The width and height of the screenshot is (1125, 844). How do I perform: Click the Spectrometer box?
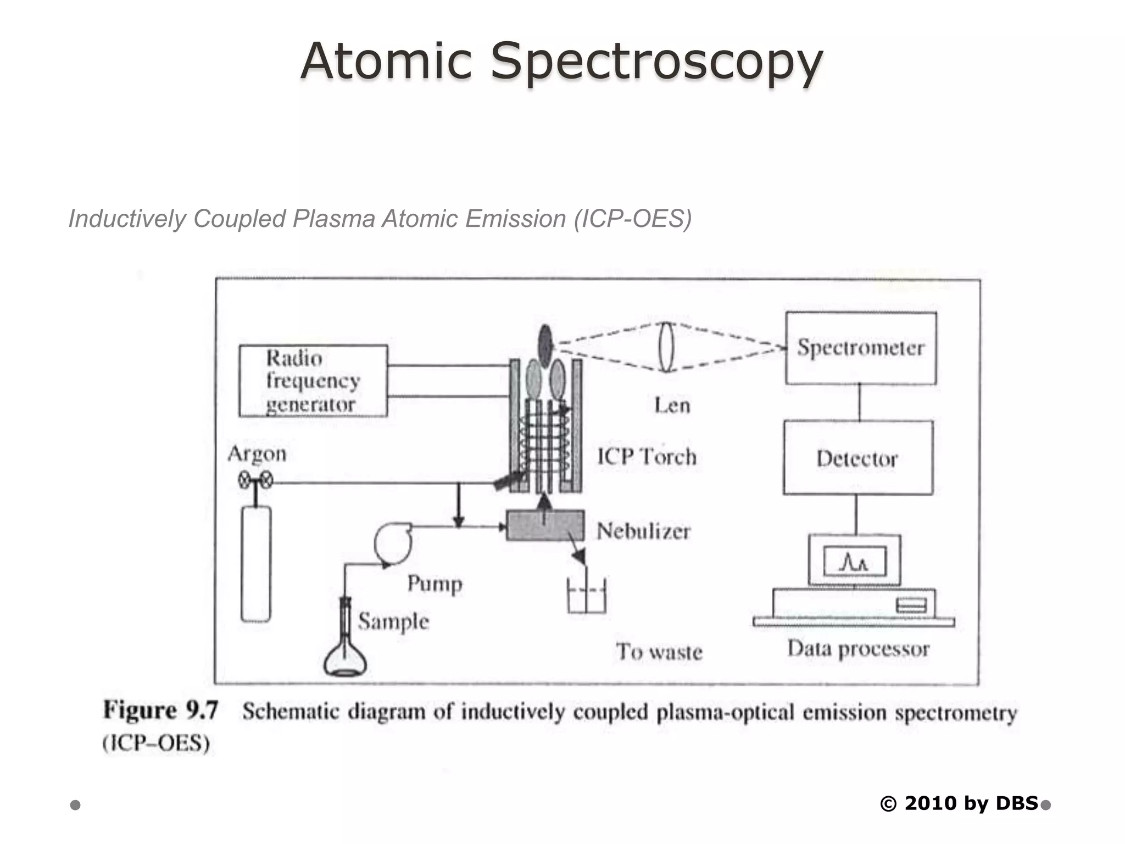click(x=861, y=348)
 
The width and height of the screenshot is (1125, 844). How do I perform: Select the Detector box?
click(x=857, y=458)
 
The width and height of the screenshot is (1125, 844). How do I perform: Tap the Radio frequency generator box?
click(x=313, y=381)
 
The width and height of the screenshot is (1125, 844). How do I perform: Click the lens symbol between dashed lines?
click(x=666, y=347)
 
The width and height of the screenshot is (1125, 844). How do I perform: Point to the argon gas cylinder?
click(x=256, y=564)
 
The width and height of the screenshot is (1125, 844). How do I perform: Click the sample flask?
click(x=346, y=653)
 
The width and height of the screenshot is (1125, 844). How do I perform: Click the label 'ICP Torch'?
click(x=647, y=457)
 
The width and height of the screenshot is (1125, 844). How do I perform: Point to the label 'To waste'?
click(x=659, y=652)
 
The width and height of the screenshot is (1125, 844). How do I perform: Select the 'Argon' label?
click(x=257, y=454)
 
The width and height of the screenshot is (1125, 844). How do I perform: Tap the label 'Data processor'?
click(x=858, y=649)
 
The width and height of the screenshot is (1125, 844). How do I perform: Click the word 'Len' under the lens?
click(x=672, y=406)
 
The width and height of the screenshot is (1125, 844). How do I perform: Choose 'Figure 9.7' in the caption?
click(x=160, y=710)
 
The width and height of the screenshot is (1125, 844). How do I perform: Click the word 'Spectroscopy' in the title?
click(x=656, y=61)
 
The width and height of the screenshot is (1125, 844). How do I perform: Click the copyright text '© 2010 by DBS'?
click(x=959, y=803)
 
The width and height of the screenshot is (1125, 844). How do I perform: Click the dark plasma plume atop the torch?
click(x=545, y=346)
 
